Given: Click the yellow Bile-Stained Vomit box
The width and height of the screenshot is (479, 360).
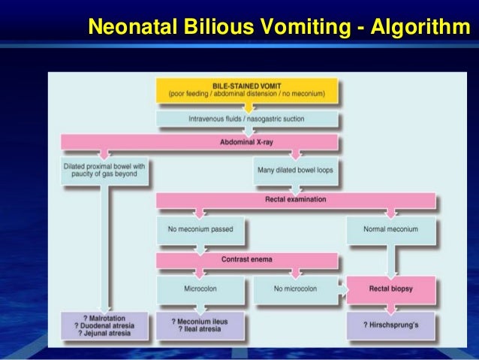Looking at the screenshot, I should pos(247,90).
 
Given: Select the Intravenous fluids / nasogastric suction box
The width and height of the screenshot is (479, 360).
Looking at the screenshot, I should pos(247,119).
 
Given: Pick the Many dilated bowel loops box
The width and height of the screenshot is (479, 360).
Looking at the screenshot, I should pos(294,170).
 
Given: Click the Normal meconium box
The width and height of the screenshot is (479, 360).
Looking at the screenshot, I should pos(390,228).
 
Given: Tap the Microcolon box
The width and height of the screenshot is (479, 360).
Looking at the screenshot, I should pos(200,288).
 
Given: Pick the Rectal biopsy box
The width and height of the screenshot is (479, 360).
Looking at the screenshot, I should pos(390,288).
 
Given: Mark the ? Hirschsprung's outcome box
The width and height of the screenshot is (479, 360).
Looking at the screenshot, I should pos(390,325).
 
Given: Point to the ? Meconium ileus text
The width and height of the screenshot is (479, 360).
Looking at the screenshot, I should pos(200,321).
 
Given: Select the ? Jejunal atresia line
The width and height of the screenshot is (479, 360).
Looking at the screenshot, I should pos(104,334).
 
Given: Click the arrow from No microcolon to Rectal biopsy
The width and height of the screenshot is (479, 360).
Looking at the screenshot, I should pos(341,288).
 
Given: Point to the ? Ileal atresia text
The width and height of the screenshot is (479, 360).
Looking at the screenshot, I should pos(200,330).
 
